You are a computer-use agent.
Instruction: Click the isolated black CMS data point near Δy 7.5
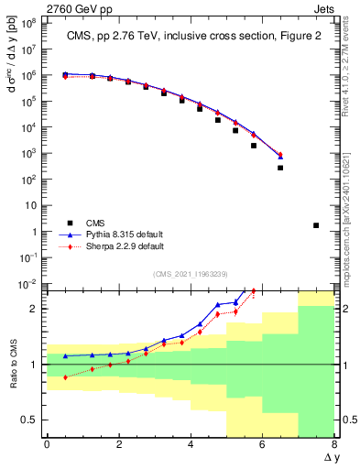coord(316,225)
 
